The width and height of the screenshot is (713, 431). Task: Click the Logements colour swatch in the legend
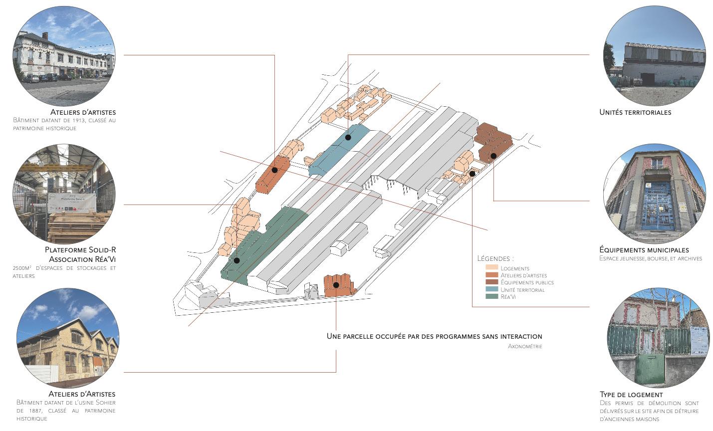click(x=491, y=268)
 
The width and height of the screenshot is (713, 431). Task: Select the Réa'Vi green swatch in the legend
click(x=491, y=296)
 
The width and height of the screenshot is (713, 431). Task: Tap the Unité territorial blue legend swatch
click(x=491, y=289)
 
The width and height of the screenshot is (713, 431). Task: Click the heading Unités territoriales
click(x=635, y=112)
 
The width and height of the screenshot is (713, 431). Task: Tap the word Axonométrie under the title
click(x=525, y=346)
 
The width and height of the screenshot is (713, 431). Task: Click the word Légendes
click(x=495, y=258)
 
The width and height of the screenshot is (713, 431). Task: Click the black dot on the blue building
click(x=348, y=137)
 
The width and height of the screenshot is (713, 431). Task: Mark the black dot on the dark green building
click(x=237, y=260)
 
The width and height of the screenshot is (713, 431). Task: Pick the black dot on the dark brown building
click(x=493, y=156)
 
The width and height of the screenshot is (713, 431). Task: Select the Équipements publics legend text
click(x=527, y=282)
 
